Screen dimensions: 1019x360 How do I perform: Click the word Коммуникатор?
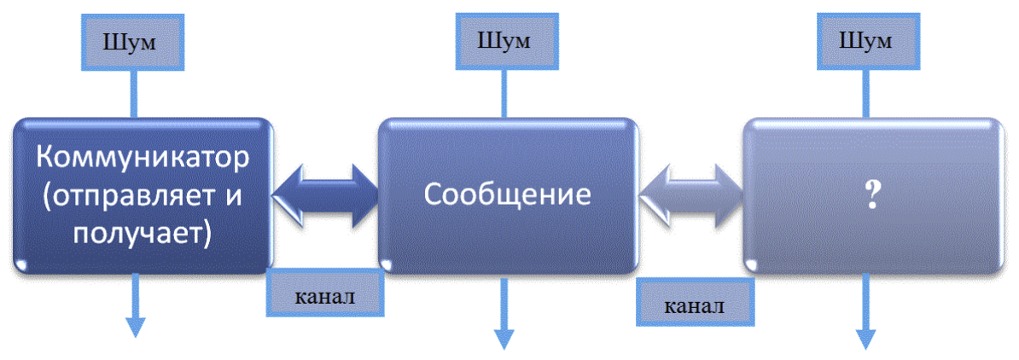point(143,157)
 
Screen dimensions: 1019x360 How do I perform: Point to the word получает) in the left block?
point(143,233)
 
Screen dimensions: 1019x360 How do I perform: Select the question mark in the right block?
point(871,195)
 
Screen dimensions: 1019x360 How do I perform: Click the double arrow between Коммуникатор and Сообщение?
point(326,195)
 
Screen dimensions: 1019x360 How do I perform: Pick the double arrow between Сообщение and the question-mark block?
point(691,195)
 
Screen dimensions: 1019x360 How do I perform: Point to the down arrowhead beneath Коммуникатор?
point(135,326)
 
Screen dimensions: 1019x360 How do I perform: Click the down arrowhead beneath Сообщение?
point(504,338)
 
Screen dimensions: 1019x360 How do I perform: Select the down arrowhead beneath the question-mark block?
point(865,338)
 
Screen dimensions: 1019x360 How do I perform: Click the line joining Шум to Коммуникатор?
point(135,94)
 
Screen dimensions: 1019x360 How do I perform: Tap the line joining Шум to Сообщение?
point(504,93)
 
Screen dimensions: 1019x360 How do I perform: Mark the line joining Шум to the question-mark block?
point(865,93)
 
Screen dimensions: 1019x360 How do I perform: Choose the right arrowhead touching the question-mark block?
point(728,195)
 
